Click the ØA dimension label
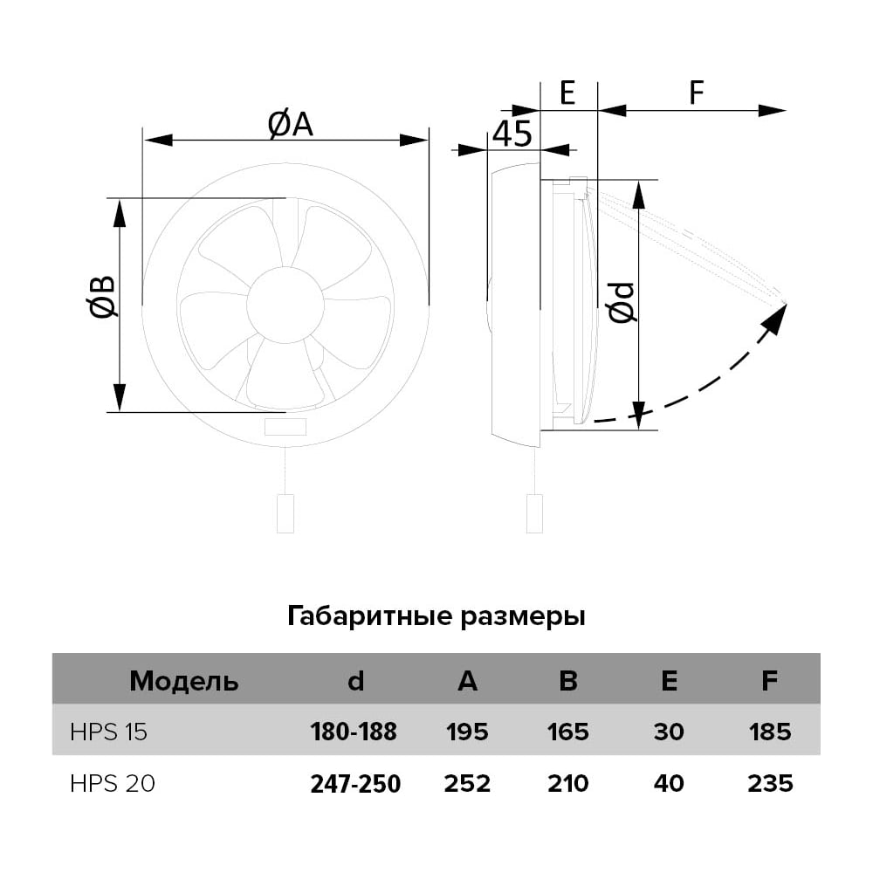pyautogui.click(x=290, y=124)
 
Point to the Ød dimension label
pyautogui.click(x=622, y=302)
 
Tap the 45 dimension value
pyautogui.click(x=512, y=134)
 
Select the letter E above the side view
pyautogui.click(x=567, y=93)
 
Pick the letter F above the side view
pyautogui.click(x=697, y=93)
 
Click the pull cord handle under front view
pyautogui.click(x=285, y=513)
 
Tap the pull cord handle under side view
pyautogui.click(x=534, y=513)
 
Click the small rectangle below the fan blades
pyautogui.click(x=285, y=427)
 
